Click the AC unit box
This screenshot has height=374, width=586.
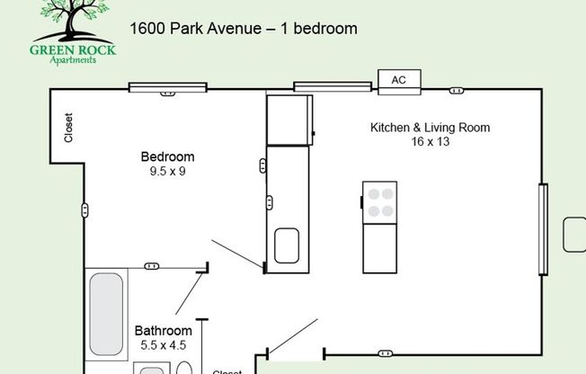click(x=399, y=82)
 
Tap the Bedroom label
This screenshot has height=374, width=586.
click(x=167, y=156)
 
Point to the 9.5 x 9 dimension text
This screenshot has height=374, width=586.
click(x=167, y=172)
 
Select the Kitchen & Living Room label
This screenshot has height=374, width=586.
click(x=430, y=128)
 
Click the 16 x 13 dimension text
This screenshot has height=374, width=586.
click(x=431, y=142)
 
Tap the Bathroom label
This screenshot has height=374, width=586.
click(x=164, y=331)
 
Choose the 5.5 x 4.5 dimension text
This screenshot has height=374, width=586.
click(x=164, y=345)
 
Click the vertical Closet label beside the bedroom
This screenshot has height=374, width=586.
click(x=68, y=128)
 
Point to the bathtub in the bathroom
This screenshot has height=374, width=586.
click(x=106, y=314)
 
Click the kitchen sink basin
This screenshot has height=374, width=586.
click(x=287, y=245)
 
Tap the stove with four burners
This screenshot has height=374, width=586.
click(x=379, y=202)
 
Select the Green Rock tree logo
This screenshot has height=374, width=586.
click(x=73, y=33)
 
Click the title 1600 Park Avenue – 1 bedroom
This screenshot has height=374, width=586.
click(x=244, y=29)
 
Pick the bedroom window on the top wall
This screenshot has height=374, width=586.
click(x=167, y=87)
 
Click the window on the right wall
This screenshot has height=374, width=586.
click(x=544, y=229)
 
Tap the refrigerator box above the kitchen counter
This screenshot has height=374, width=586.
click(x=289, y=120)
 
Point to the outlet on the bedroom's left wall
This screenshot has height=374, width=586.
click(x=84, y=210)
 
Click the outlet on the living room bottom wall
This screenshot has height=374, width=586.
click(x=386, y=353)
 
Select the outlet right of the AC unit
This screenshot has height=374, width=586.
click(x=457, y=91)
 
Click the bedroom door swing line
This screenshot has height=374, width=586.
click(x=237, y=254)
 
